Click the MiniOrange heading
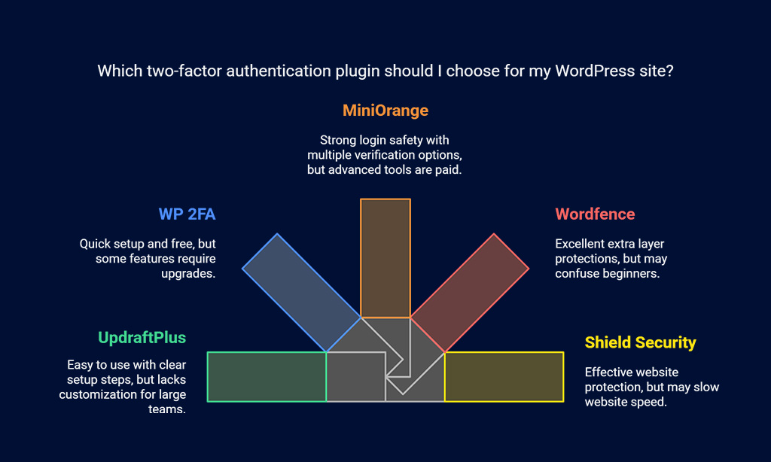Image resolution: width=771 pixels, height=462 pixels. pyautogui.click(x=385, y=111)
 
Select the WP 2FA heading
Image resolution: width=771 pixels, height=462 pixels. pyautogui.click(x=187, y=214)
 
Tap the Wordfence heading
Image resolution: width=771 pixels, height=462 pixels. pyautogui.click(x=595, y=214)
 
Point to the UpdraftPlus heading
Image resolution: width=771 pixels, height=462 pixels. pyautogui.click(x=142, y=338)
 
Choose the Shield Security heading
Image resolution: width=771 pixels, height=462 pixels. pyautogui.click(x=640, y=342)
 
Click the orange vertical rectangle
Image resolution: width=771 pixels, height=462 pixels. pyautogui.click(x=385, y=258)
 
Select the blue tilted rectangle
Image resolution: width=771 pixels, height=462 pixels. pyautogui.click(x=301, y=293)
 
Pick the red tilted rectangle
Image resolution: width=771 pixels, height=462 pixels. pyautogui.click(x=470, y=293)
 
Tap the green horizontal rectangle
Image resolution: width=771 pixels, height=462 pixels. pyautogui.click(x=267, y=377)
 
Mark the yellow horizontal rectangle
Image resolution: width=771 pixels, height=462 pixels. pyautogui.click(x=504, y=377)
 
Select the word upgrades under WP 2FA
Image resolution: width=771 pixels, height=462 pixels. pyautogui.click(x=188, y=274)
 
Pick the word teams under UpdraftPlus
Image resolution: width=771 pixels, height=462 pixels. pyautogui.click(x=167, y=409)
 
